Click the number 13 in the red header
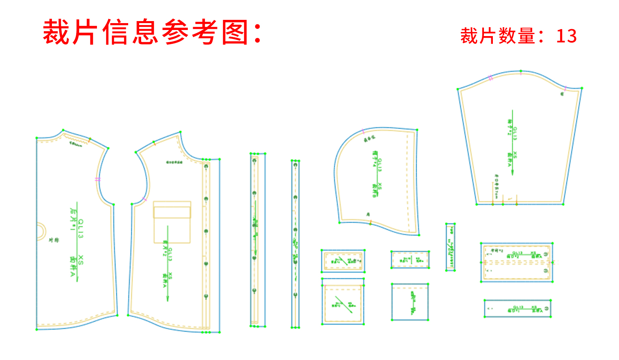pyautogui.click(x=566, y=36)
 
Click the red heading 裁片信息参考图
pyautogui.click(x=152, y=32)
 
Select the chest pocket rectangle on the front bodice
pyautogui.click(x=172, y=222)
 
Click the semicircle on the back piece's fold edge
pyautogui.click(x=41, y=231)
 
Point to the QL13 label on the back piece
pyautogui.click(x=81, y=229)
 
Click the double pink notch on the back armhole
pyautogui.click(x=97, y=179)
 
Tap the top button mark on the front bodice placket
pyautogui.click(x=206, y=167)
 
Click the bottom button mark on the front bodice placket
pyautogui.click(x=206, y=296)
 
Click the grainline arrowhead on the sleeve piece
pyautogui.click(x=512, y=172)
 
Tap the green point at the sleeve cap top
pyautogui.click(x=521, y=71)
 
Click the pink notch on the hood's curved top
pyautogui.click(x=363, y=131)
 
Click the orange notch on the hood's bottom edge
pyautogui.click(x=370, y=222)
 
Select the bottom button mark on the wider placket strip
pyautogui.click(x=254, y=290)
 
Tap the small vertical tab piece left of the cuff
pyautogui.click(x=450, y=247)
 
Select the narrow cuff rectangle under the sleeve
pyautogui.click(x=518, y=309)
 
